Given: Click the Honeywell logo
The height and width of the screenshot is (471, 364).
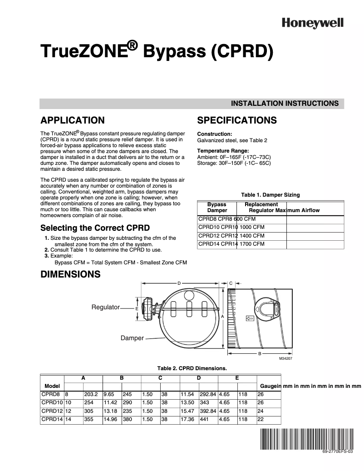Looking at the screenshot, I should (x=313, y=23).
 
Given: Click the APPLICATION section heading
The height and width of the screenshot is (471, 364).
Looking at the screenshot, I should (x=73, y=120).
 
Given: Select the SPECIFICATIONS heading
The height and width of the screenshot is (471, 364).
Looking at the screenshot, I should (x=237, y=120).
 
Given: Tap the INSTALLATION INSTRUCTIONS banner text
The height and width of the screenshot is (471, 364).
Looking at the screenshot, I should (x=285, y=104).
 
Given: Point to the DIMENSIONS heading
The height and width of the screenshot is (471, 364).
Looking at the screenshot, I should (x=70, y=274).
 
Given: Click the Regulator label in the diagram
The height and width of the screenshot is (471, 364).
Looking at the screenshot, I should (x=105, y=307).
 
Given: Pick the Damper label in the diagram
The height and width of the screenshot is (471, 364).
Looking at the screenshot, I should (x=132, y=338).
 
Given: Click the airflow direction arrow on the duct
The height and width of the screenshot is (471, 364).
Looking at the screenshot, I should (x=249, y=318).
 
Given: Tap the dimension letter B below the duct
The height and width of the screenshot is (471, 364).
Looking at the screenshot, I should (x=259, y=353).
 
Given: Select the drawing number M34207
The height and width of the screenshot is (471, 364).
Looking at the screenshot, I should (x=287, y=359).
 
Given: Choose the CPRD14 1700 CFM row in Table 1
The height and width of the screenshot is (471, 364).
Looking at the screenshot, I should (x=231, y=244).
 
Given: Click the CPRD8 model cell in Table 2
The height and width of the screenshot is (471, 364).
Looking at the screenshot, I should (x=49, y=395).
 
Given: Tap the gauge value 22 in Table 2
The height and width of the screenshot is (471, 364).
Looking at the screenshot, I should (x=261, y=420).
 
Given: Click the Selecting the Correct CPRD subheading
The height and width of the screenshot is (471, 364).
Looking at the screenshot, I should (x=95, y=228).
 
